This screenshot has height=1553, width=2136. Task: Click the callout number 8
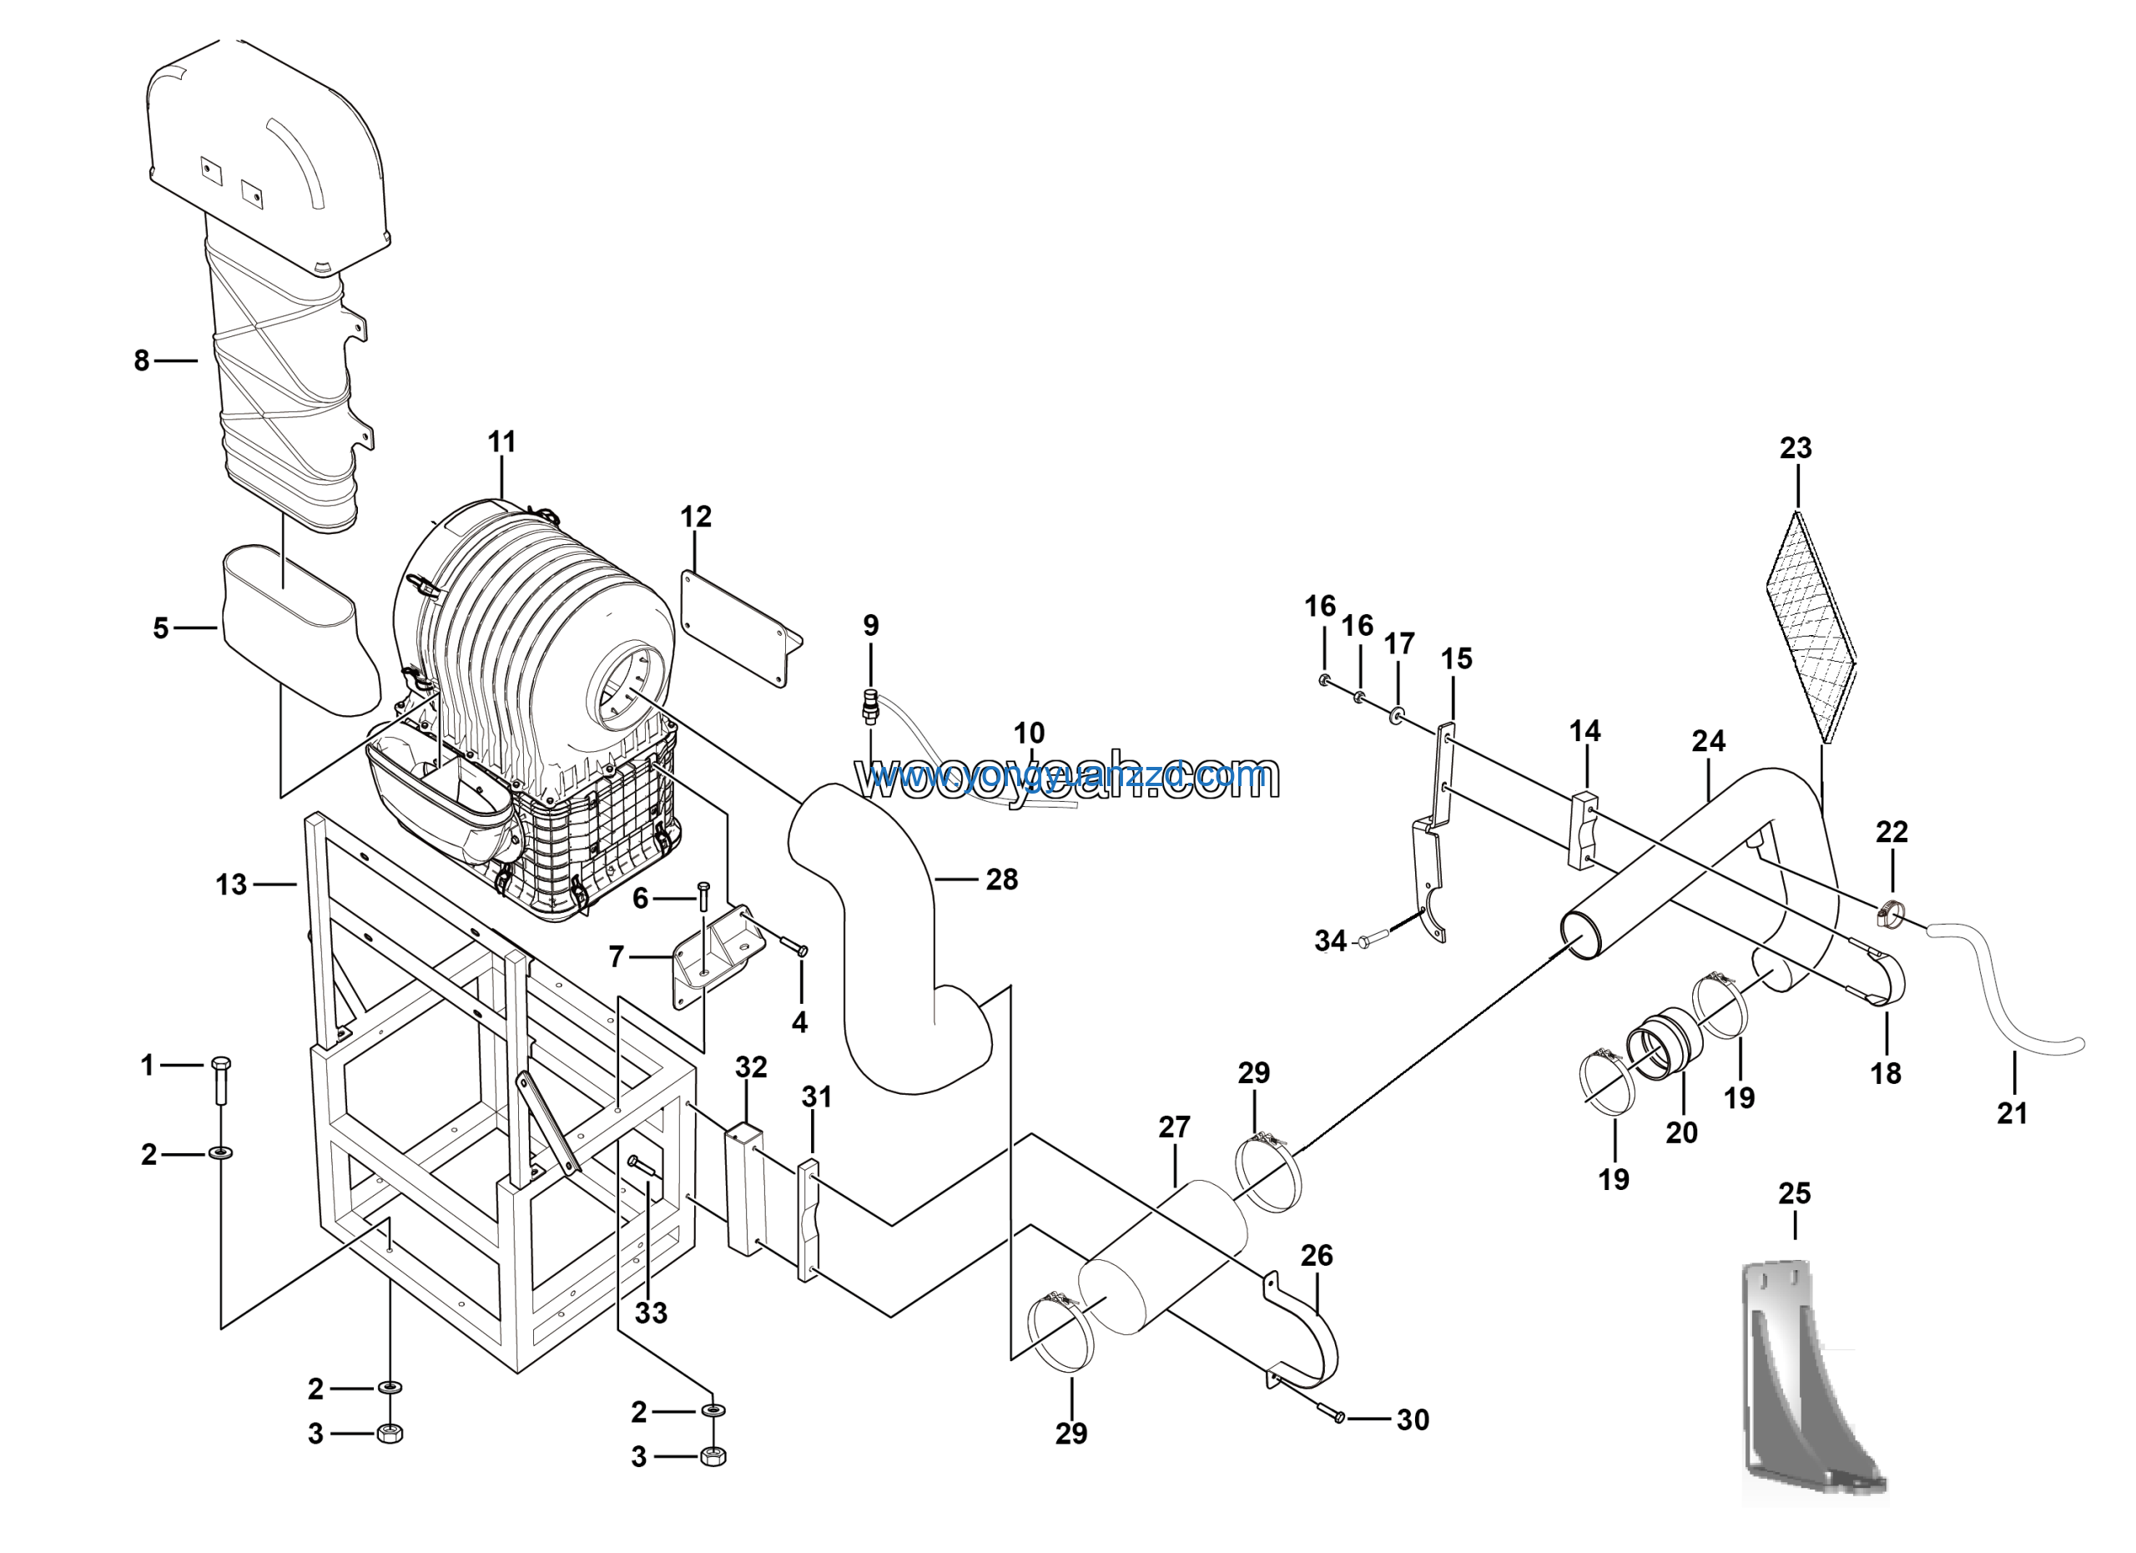coord(141,361)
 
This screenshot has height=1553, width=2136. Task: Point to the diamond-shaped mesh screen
coord(1810,626)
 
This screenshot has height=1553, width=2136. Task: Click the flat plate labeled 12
coord(739,626)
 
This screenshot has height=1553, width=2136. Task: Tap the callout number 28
coord(1001,880)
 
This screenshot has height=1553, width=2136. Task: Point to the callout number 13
coord(231,885)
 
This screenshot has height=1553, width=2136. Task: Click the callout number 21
coord(2012,1113)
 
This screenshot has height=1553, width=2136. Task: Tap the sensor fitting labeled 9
coord(870,704)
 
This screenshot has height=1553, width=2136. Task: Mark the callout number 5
coord(160,628)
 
